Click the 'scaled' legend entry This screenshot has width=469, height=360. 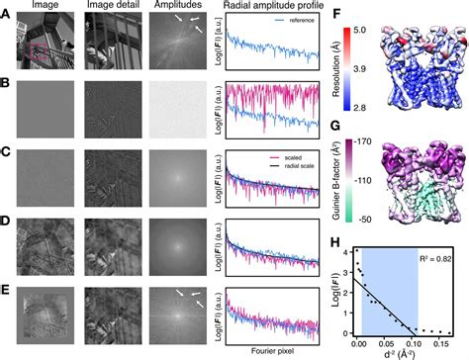click(293, 156)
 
